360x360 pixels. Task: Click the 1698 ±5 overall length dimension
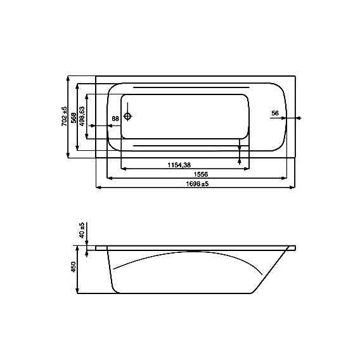pyautogui.click(x=197, y=184)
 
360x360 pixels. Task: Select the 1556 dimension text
pyautogui.click(x=201, y=174)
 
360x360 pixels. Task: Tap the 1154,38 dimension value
pyautogui.click(x=179, y=165)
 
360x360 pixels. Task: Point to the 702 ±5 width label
pyautogui.click(x=64, y=116)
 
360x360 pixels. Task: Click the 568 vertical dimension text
pyautogui.click(x=74, y=117)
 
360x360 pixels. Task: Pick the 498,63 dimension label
pyautogui.click(x=82, y=116)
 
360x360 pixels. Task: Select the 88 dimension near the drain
pyautogui.click(x=115, y=119)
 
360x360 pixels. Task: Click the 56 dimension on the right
pyautogui.click(x=275, y=113)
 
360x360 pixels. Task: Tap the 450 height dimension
pyautogui.click(x=74, y=267)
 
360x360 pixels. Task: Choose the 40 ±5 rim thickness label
pyautogui.click(x=82, y=230)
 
